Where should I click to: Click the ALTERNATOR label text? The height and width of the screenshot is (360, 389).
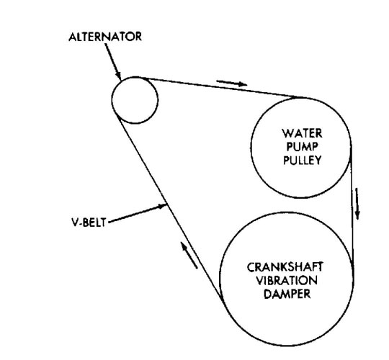[105, 37]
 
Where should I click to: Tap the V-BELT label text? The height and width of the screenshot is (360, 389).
[89, 222]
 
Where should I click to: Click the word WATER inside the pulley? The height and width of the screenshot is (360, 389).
[302, 134]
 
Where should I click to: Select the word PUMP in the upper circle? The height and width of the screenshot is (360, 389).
[303, 147]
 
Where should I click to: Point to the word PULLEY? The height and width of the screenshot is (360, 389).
[303, 160]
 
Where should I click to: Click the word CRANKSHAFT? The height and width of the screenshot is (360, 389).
[285, 267]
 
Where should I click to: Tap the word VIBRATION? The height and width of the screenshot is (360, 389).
[287, 280]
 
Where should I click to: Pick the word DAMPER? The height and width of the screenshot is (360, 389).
[287, 294]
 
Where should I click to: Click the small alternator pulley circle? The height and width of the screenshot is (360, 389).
[112, 100]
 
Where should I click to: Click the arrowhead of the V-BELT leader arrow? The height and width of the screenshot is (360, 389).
[163, 205]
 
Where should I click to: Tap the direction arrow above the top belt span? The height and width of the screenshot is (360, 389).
[232, 83]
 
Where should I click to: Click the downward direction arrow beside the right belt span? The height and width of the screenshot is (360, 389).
[357, 204]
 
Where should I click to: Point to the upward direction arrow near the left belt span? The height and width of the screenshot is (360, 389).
[189, 256]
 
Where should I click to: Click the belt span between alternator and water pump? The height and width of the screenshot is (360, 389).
[222, 87]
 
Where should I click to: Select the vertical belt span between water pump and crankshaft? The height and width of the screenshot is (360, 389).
[352, 203]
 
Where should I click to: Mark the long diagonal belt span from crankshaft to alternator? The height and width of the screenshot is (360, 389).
[169, 207]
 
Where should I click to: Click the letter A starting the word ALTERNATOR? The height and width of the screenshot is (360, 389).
[73, 37]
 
